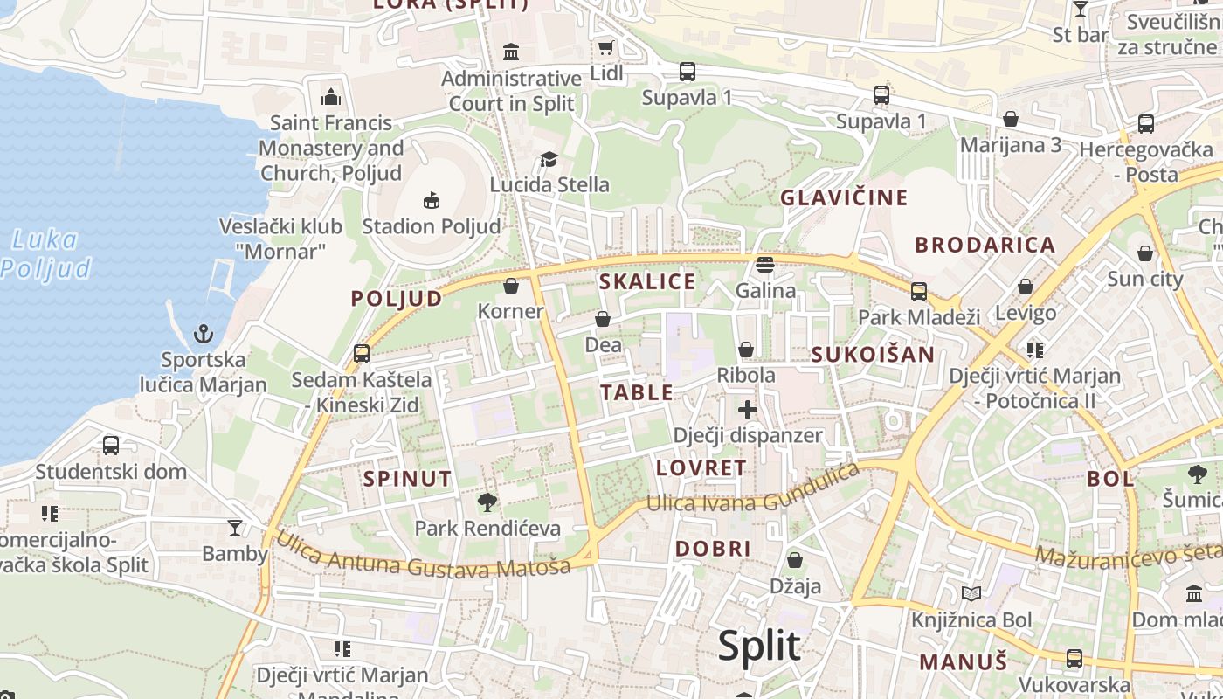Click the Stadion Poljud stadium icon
pyautogui.click(x=431, y=201)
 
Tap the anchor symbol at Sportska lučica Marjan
pyautogui.click(x=203, y=334)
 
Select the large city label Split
pyautogui.click(x=758, y=646)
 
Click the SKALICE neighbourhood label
pyautogui.click(x=647, y=281)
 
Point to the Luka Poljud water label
pyautogui.click(x=45, y=253)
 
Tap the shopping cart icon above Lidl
pyautogui.click(x=605, y=47)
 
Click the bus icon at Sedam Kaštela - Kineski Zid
pyautogui.click(x=361, y=354)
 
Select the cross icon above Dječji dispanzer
pyautogui.click(x=748, y=409)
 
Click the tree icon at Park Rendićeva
pyautogui.click(x=487, y=502)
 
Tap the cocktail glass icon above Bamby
pyautogui.click(x=235, y=527)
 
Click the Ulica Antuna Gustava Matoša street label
pyautogui.click(x=424, y=553)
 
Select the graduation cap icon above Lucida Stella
pyautogui.click(x=549, y=159)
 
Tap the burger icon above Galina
pyautogui.click(x=765, y=264)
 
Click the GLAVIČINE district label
pyautogui.click(x=844, y=197)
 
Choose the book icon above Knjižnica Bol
pyautogui.click(x=971, y=594)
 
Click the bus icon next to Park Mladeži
pyautogui.click(x=919, y=292)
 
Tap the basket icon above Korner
pyautogui.click(x=511, y=286)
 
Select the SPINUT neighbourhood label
pyautogui.click(x=407, y=479)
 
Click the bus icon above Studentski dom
pyautogui.click(x=111, y=446)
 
